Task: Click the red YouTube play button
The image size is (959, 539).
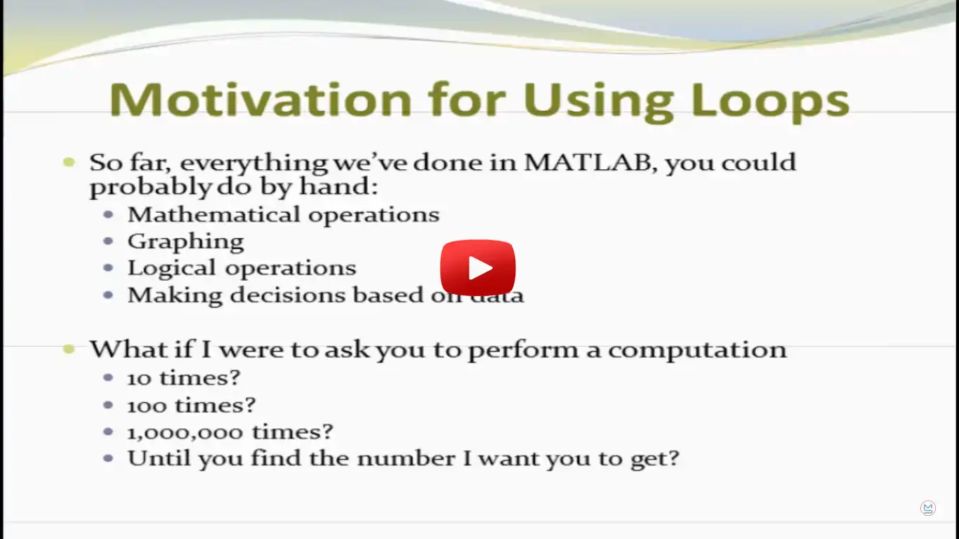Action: tap(478, 267)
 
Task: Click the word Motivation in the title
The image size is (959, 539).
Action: tap(260, 100)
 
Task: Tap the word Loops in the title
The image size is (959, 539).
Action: tap(770, 102)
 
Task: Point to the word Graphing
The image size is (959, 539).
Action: tap(186, 242)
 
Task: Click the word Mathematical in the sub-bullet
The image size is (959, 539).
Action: tap(214, 214)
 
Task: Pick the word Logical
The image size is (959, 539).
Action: tap(172, 269)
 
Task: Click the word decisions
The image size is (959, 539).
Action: tap(288, 295)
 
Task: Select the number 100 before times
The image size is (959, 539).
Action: tap(147, 406)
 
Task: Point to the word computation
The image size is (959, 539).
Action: tap(697, 350)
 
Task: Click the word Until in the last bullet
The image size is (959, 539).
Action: tap(159, 458)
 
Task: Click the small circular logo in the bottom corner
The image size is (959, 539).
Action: tap(927, 508)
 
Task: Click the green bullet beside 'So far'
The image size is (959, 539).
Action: tap(69, 162)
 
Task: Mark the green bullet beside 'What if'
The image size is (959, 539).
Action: tap(69, 349)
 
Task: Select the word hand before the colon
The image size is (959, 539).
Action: tap(334, 186)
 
